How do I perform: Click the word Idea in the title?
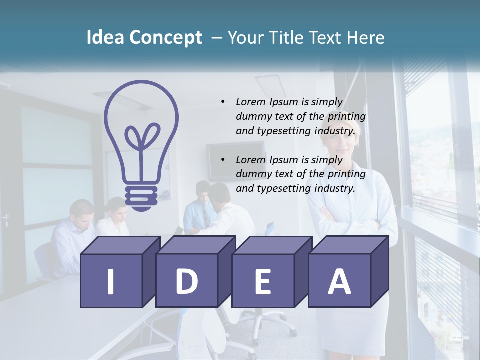106,38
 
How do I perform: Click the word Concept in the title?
166,38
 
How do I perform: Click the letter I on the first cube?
111,281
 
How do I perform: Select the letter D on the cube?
186,281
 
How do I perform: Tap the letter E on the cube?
262,281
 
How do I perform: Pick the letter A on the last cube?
339,281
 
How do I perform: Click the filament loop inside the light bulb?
142,138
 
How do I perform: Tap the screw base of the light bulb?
141,197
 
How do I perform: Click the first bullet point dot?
223,102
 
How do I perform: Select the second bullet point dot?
223,160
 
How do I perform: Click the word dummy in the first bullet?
253,116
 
